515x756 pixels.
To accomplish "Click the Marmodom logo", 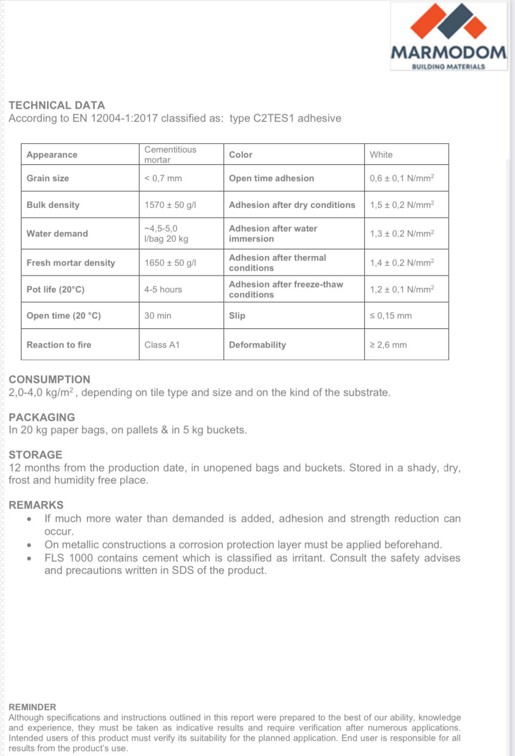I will click(448, 36).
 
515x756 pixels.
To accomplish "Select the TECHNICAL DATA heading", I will click(57, 105).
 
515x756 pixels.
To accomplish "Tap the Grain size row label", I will click(48, 178).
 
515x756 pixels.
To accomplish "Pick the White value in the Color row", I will click(381, 155).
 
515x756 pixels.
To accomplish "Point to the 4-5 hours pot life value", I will click(163, 290).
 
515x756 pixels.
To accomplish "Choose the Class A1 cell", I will click(162, 345).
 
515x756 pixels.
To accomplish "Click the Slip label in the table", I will click(237, 316).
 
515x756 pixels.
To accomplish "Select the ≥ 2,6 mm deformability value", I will click(388, 345).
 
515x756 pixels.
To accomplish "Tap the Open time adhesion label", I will click(272, 178).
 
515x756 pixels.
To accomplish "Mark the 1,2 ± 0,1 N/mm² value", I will click(402, 290).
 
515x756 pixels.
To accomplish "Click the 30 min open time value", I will click(158, 316).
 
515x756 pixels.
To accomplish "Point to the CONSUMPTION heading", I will click(49, 380).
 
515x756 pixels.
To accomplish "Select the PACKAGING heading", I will click(42, 417).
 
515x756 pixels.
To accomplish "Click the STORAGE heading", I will click(35, 455).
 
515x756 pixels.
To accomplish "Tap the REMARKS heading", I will click(36, 505).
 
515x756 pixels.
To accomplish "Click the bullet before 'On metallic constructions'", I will click(30, 545).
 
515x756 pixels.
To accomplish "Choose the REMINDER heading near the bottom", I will click(32, 707).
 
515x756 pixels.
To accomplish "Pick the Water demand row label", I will click(57, 234).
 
